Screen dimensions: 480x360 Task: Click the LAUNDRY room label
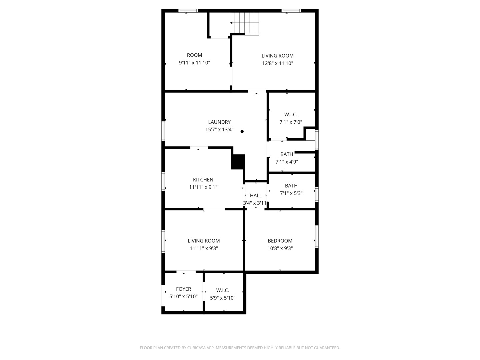pos(219,122)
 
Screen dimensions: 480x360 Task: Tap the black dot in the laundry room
pos(242,131)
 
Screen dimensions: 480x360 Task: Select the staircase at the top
pos(244,24)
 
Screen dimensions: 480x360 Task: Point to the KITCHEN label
pos(203,180)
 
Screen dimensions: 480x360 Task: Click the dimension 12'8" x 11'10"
pos(278,63)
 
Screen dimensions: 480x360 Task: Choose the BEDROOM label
pos(280,241)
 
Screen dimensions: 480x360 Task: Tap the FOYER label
pos(183,289)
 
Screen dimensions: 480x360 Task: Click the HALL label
pos(256,195)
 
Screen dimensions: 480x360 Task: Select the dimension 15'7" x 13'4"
pos(219,130)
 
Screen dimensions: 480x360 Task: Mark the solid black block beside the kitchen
pos(238,162)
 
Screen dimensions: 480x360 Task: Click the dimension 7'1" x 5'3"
pos(291,193)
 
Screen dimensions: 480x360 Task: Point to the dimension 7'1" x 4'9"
pos(286,162)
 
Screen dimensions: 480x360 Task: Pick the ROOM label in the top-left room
pos(194,55)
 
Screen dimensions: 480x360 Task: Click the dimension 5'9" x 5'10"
pos(223,298)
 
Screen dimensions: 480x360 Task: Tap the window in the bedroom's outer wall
pos(317,237)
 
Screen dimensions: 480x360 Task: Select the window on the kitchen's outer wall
pos(163,181)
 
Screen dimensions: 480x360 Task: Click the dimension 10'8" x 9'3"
pos(280,248)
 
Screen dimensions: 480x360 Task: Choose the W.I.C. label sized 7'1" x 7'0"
pos(291,115)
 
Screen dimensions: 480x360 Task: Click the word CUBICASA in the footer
pos(196,348)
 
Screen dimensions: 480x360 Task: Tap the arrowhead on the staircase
pos(231,23)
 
